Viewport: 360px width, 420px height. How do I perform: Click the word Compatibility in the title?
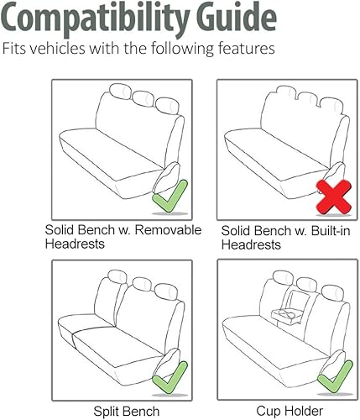click(x=110, y=17)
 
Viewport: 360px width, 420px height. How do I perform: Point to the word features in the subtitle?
click(x=246, y=49)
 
